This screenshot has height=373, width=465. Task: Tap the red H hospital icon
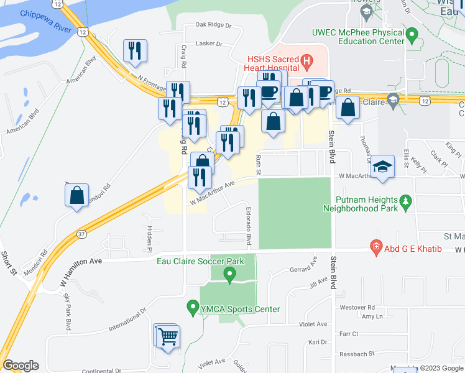pos(306,60)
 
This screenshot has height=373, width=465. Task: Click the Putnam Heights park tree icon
pos(406,201)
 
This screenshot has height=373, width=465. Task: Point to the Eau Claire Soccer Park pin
pos(229,275)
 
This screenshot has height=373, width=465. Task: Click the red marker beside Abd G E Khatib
pos(375,247)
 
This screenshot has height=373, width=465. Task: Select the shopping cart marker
pos(167,337)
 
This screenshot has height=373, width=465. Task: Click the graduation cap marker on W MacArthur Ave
pos(382,167)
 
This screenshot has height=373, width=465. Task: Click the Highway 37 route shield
pos(82,234)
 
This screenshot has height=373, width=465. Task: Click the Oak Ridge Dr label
pos(213,25)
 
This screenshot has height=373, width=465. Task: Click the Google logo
pos(21,366)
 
